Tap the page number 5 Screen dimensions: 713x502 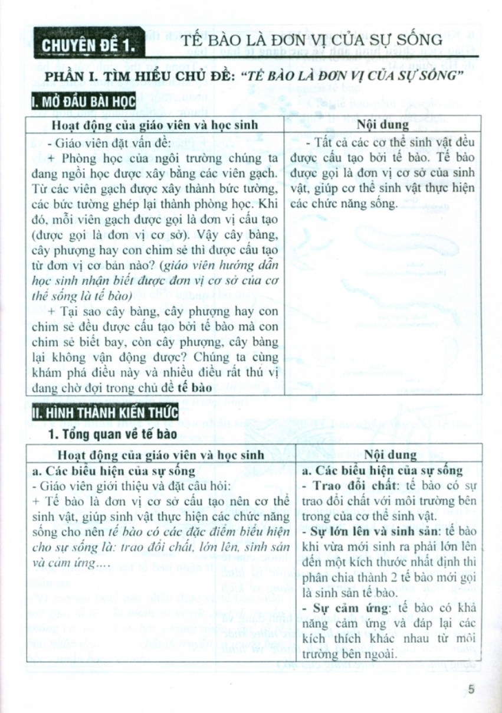(x=470, y=689)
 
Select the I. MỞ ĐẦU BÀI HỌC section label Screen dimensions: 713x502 (x=84, y=103)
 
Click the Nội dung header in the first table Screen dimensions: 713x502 (x=383, y=125)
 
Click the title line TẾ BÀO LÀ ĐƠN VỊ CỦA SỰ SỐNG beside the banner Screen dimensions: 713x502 (x=311, y=40)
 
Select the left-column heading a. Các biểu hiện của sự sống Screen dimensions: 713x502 (x=114, y=470)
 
